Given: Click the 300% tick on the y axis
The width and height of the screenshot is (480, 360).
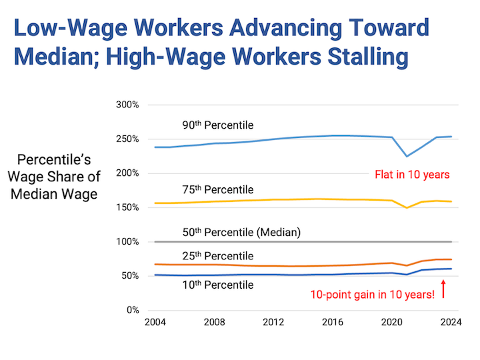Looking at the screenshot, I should (x=127, y=105).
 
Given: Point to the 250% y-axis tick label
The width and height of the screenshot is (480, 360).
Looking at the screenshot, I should (x=127, y=139).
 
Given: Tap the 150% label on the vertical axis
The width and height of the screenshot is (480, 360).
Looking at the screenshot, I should (x=127, y=207).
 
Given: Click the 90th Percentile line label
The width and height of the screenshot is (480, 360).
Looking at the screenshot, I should (x=218, y=125).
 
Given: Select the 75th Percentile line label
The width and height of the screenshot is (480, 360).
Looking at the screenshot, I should (x=218, y=190).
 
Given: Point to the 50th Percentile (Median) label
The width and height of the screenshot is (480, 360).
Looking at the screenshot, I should (x=241, y=232).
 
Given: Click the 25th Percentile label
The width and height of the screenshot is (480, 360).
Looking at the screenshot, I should (x=218, y=256).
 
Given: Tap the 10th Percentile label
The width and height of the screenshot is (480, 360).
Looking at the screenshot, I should (x=218, y=285).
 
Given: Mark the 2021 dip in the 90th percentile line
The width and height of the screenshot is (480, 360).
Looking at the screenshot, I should (x=407, y=156).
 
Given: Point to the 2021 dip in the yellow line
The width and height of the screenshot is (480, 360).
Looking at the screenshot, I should (x=407, y=207).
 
